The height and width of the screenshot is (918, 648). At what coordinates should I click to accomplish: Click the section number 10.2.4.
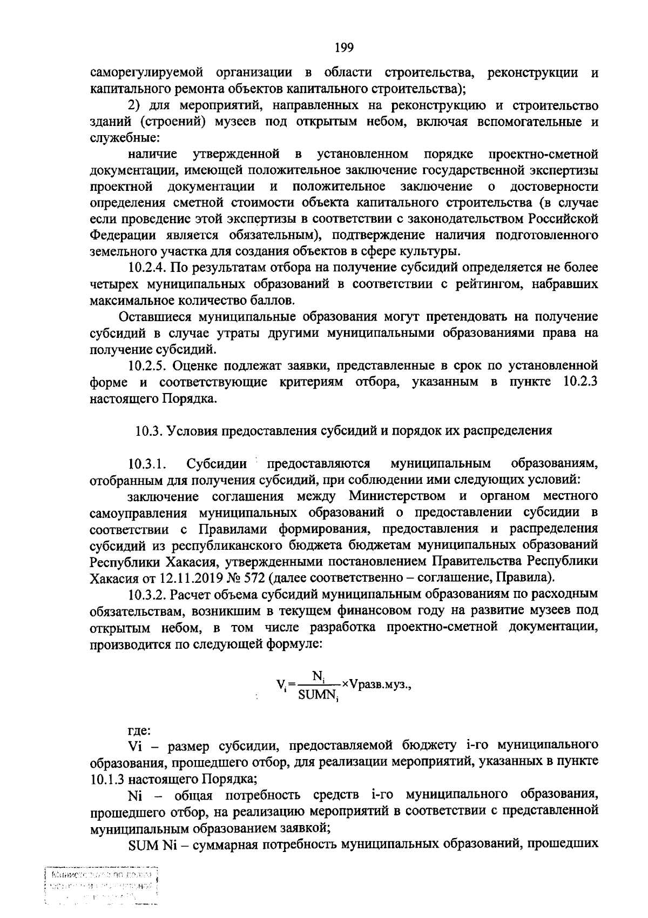148,267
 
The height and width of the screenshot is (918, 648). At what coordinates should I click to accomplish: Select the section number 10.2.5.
148,366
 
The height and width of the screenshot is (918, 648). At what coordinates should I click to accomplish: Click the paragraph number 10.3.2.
147,594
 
